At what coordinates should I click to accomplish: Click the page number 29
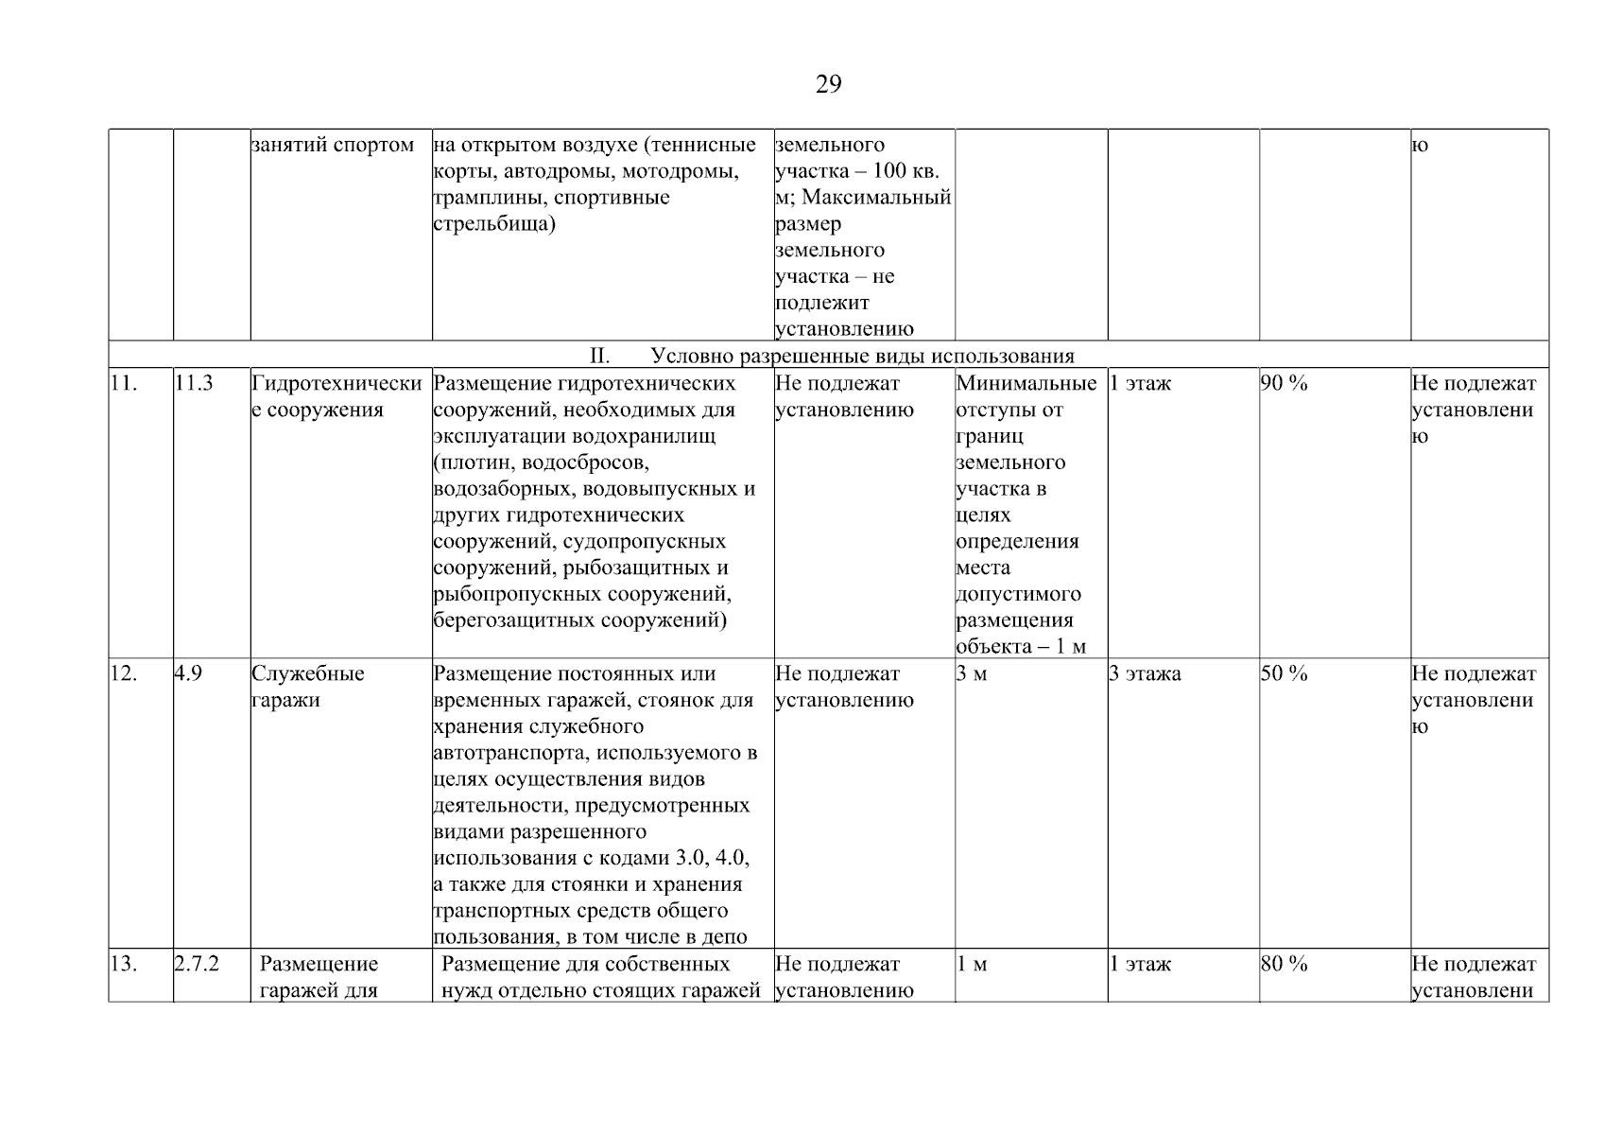[x=828, y=85]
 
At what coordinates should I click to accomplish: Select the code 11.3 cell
[x=194, y=383]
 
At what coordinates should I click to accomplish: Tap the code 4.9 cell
[x=188, y=673]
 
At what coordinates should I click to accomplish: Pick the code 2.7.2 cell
[x=197, y=964]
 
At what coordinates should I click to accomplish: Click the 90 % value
[x=1284, y=383]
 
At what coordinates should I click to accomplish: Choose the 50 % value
[x=1284, y=673]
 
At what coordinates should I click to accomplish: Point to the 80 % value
[x=1284, y=964]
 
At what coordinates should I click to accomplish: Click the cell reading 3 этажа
[x=1145, y=673]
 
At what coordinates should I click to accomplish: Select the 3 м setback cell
[x=972, y=673]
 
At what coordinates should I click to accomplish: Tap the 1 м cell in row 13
[x=972, y=964]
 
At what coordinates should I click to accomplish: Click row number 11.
[x=124, y=383]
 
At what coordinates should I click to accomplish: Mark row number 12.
[x=124, y=673]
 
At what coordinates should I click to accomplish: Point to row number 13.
[x=124, y=964]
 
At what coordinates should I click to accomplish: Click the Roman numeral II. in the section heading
[x=599, y=357]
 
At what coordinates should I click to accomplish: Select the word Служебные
[x=307, y=673]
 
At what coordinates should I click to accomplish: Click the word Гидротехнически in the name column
[x=336, y=383]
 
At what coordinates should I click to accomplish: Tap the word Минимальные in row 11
[x=1026, y=383]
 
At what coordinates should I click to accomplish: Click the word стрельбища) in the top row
[x=493, y=224]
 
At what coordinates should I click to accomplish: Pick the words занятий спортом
[x=333, y=145]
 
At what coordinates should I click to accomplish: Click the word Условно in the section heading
[x=688, y=357]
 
